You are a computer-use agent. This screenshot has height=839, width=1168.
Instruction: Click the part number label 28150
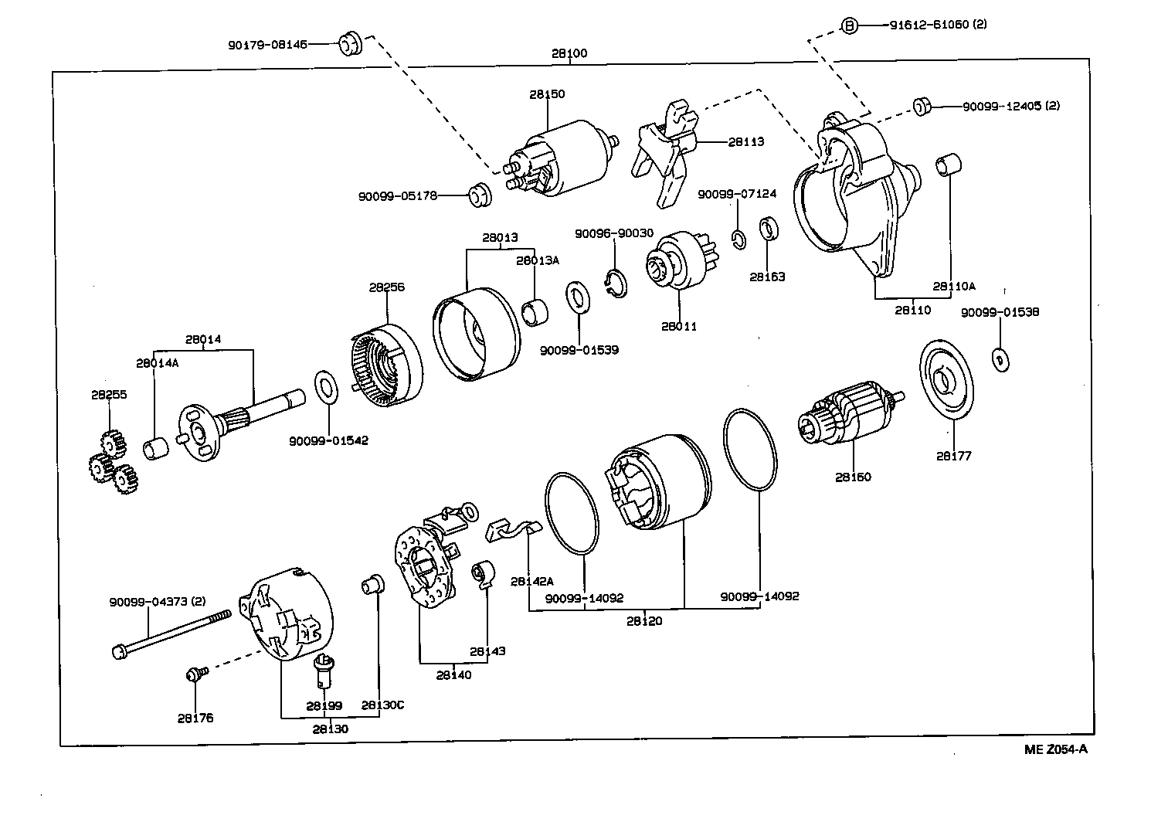coord(547,94)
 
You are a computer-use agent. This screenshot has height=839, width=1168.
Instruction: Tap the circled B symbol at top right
coord(848,26)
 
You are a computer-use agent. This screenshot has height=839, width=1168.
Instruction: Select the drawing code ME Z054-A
coord(1055,749)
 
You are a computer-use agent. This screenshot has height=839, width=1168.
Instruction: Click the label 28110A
coord(953,286)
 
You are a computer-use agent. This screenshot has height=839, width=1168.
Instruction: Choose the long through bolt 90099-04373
coord(171,633)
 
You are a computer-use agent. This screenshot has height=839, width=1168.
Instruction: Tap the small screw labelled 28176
coord(194,674)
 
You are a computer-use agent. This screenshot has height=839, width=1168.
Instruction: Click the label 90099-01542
coord(328,440)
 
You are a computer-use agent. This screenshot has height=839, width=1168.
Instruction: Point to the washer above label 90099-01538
coord(1000,359)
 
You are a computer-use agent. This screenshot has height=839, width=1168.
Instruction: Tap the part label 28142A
coord(531,581)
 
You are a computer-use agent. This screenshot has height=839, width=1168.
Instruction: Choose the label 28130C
coord(382,705)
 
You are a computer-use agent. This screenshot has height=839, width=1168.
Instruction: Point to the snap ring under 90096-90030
coord(616,282)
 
